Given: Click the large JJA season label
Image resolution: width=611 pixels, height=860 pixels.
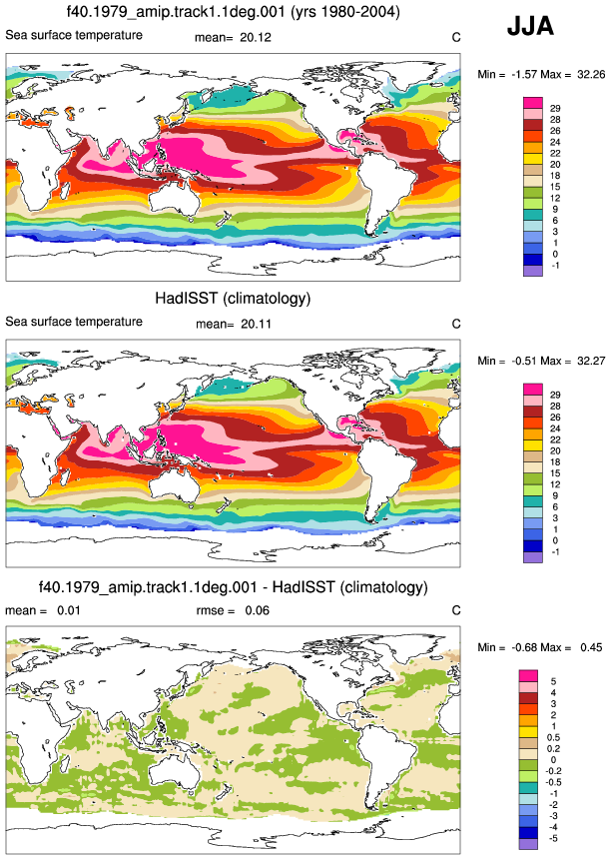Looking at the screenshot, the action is click(530, 26).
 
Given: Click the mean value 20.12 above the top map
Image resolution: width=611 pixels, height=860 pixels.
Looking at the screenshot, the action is click(256, 37).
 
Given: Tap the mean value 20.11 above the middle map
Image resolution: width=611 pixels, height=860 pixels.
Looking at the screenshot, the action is click(256, 325).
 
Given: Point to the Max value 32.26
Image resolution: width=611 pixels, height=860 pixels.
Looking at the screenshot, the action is click(591, 74).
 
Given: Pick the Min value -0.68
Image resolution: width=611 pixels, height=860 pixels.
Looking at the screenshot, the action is click(524, 647).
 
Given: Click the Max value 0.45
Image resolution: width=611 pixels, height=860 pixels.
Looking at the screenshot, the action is click(591, 647).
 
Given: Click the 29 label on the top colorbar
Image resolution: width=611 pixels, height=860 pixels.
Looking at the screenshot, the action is click(555, 109).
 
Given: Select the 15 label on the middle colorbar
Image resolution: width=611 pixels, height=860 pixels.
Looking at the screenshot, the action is click(555, 473).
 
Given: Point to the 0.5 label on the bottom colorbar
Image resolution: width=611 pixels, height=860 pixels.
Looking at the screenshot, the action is click(553, 738).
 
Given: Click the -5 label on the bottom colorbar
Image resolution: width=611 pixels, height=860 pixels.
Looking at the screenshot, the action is click(553, 839).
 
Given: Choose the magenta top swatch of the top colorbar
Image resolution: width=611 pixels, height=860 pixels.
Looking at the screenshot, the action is click(533, 103).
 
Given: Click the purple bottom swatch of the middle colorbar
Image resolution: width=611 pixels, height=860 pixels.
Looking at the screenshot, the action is click(533, 557).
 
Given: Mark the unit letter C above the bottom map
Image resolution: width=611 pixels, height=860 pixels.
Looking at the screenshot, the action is click(456, 610).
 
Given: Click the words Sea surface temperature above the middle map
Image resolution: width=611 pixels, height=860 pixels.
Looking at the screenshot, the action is click(74, 322).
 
